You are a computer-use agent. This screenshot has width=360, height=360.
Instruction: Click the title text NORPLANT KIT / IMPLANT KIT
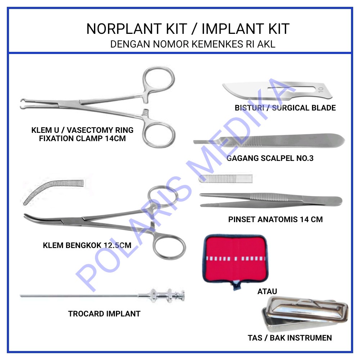188,29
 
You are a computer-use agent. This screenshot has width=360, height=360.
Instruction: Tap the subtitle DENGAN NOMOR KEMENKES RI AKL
193,45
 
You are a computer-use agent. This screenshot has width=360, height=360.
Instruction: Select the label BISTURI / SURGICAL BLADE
285,108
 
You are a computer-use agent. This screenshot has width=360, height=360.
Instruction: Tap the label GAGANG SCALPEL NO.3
270,158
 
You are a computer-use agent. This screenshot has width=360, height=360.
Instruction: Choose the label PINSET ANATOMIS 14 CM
275,219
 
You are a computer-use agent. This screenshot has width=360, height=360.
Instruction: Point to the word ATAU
267,291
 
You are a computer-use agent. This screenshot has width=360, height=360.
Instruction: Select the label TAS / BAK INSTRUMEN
290,338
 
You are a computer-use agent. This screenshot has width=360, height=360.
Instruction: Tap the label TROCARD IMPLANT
104,314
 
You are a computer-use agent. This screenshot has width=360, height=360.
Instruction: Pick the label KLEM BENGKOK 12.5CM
87,246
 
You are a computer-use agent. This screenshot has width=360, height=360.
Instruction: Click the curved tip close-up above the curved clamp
52,191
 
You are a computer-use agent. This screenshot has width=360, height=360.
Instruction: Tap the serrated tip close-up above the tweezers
225,178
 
